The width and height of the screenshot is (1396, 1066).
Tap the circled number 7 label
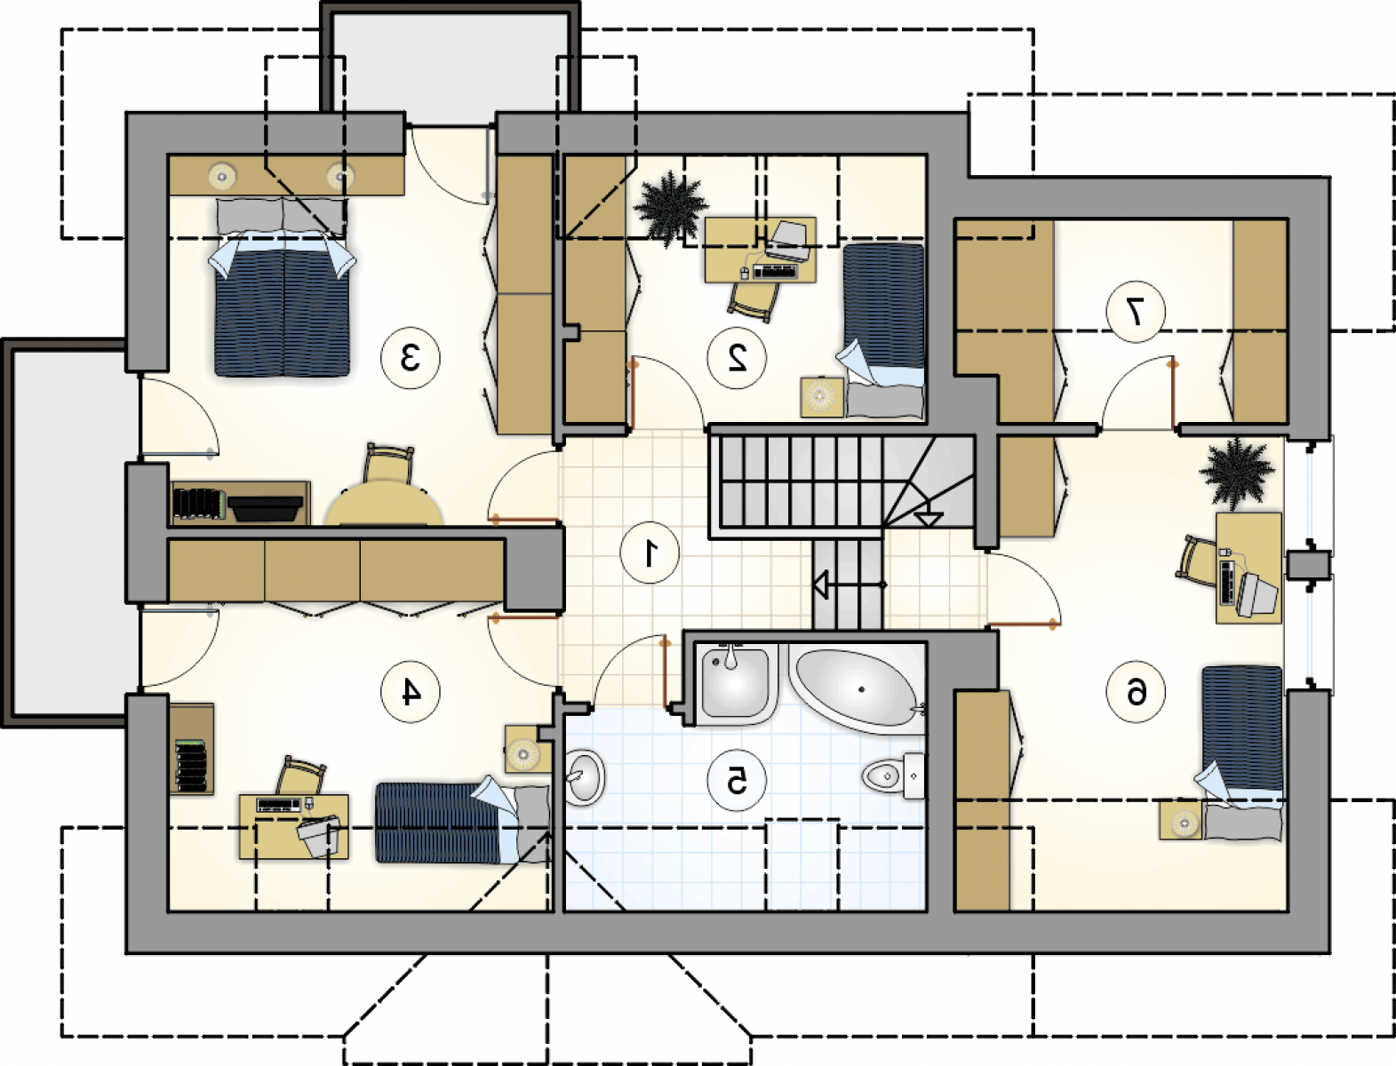point(1136,312)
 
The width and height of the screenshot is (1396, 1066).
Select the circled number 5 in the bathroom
point(737,780)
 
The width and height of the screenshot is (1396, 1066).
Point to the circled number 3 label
point(411,358)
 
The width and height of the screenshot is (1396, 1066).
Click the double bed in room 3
point(283,287)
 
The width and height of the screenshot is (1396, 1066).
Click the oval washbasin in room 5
point(584,776)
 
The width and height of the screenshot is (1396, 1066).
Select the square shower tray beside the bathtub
point(736,684)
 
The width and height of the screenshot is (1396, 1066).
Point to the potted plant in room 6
point(1236,473)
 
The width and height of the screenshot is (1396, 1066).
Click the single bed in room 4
point(462,823)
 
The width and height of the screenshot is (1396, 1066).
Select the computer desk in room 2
point(761,250)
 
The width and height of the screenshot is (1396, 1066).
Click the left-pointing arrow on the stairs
point(849,585)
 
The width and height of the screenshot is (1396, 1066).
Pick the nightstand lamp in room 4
point(523,754)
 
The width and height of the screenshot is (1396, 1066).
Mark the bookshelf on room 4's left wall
point(191,749)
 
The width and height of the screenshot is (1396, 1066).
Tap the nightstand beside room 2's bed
point(822,397)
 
